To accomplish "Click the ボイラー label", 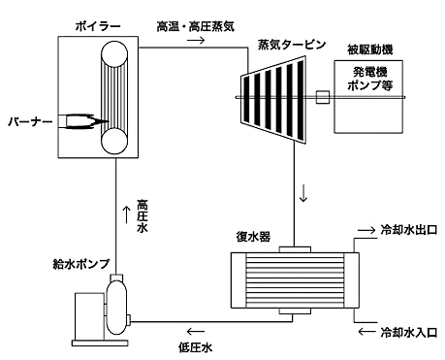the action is click(98, 26).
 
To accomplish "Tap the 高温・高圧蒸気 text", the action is click(196, 26).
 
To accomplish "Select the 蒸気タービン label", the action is click(292, 45).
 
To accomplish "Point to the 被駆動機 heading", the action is click(370, 49).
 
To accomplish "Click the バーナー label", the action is click(30, 121).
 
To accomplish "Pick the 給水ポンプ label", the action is click(81, 264).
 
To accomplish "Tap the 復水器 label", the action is click(253, 237).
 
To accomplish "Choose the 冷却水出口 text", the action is click(409, 230).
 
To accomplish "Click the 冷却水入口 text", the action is click(409, 332).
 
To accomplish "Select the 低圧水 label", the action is click(195, 347).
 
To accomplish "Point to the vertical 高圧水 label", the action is click(143, 216).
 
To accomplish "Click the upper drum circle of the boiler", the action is click(114, 54).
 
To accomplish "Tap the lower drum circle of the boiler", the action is click(114, 141).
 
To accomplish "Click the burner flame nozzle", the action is click(85, 121).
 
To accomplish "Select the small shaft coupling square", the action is click(323, 97).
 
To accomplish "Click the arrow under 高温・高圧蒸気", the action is click(196, 41).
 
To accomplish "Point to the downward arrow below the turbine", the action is click(303, 193).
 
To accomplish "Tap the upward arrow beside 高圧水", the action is click(127, 213).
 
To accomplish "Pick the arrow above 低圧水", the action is click(196, 332).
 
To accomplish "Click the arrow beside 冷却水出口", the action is click(366, 230).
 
